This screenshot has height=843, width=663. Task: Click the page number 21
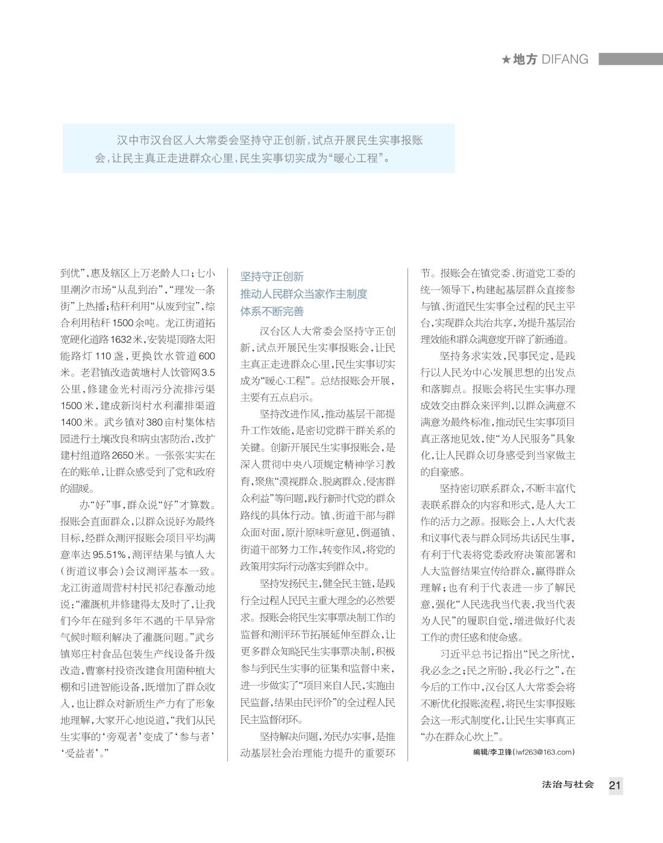click(x=615, y=785)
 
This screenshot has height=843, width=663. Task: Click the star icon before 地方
click(x=506, y=60)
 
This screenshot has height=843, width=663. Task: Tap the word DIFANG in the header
click(x=565, y=59)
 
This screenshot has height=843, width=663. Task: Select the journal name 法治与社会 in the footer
click(x=568, y=785)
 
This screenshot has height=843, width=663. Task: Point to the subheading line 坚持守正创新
click(x=272, y=277)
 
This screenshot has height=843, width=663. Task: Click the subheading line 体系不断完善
click(x=272, y=312)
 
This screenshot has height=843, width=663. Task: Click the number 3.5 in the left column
click(x=207, y=372)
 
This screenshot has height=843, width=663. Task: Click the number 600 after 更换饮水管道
click(x=206, y=356)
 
